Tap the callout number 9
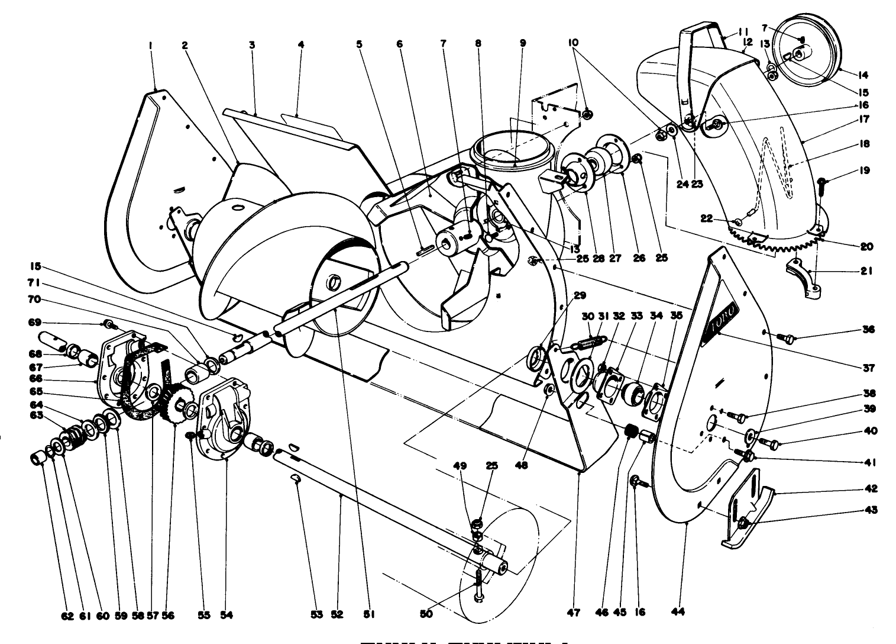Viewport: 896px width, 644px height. coord(522,43)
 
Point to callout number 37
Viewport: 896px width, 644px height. coord(868,368)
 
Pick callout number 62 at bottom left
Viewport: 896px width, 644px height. coord(67,616)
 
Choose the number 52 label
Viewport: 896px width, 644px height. coord(337,614)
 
